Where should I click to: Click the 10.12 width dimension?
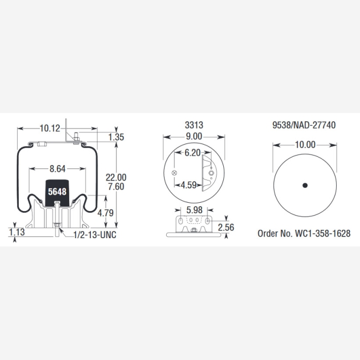(50, 128)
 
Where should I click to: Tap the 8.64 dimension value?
(58, 169)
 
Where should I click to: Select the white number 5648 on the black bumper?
(57, 192)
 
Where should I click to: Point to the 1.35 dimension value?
(116, 137)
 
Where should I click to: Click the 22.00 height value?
(116, 177)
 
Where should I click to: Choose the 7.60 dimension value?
(116, 187)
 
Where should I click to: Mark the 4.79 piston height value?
(105, 213)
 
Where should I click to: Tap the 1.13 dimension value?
(17, 232)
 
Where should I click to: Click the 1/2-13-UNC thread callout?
(95, 235)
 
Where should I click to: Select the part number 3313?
(194, 125)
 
